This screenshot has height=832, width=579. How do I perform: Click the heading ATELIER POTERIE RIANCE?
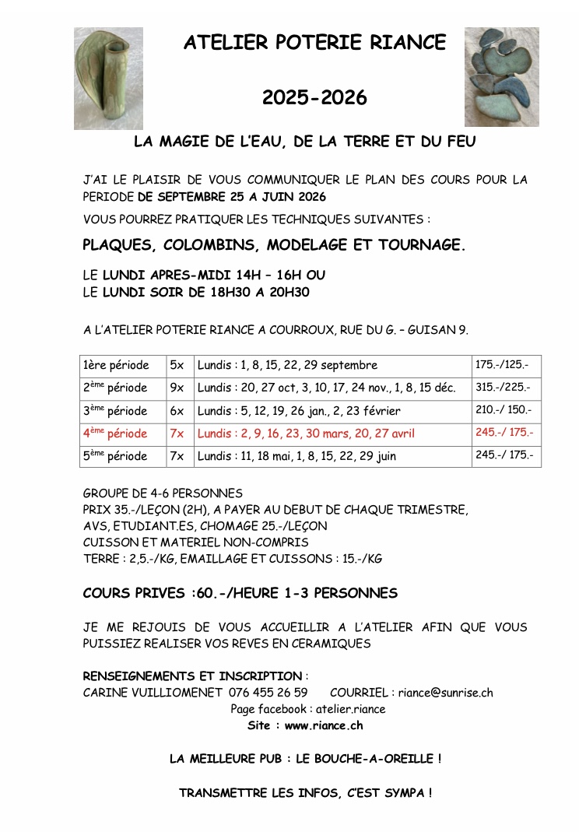(x=315, y=43)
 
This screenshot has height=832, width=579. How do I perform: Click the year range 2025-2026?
(x=314, y=98)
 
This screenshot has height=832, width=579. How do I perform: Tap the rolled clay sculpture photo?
(x=108, y=78)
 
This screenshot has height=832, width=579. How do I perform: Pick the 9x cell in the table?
(x=177, y=388)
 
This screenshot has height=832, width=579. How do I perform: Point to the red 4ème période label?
(x=114, y=434)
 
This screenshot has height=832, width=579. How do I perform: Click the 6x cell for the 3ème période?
(x=177, y=410)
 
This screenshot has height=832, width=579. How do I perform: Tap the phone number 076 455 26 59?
(x=268, y=693)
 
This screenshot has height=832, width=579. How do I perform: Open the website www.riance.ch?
(x=324, y=725)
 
